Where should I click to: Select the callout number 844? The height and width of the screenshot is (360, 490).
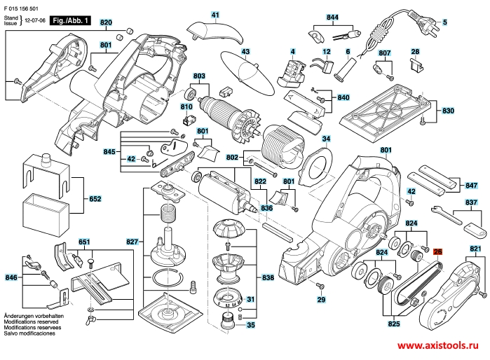332,16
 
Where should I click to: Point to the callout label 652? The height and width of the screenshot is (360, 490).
95,199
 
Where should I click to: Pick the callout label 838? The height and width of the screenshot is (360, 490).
268,278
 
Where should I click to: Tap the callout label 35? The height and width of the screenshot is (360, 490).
251,325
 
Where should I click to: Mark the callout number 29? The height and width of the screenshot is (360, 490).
322,300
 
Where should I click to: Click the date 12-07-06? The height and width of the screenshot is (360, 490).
36,22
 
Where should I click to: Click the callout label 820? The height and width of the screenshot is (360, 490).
106,23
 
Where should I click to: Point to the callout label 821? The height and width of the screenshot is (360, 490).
476,249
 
